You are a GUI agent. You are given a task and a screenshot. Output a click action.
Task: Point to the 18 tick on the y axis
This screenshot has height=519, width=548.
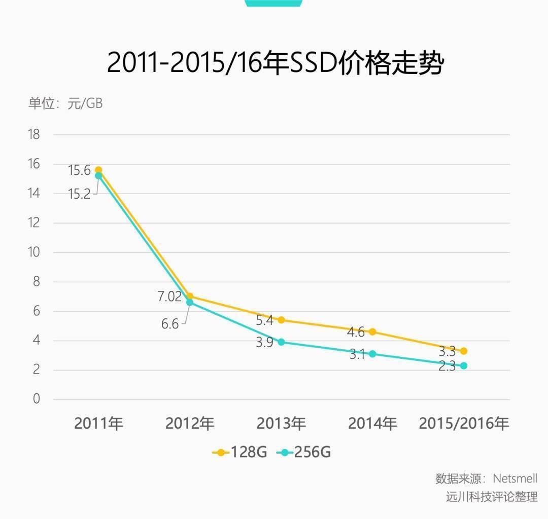[x=33, y=135]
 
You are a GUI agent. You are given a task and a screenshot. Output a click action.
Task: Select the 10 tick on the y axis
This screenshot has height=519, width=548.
[x=33, y=252]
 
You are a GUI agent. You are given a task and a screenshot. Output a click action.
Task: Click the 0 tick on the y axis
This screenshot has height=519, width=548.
[x=36, y=399]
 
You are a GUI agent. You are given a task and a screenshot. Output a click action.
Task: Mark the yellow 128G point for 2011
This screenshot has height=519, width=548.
[x=98, y=170]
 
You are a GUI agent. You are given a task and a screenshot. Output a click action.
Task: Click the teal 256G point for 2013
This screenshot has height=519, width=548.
[x=281, y=342]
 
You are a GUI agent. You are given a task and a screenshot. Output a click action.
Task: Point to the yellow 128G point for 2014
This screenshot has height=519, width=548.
[x=372, y=332]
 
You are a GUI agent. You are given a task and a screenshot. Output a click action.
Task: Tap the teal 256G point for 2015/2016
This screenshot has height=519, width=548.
[x=463, y=365]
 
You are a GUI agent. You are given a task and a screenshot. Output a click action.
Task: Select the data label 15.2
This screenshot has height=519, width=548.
[x=79, y=194]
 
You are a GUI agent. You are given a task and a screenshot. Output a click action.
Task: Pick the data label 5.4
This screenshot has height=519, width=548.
[x=264, y=320]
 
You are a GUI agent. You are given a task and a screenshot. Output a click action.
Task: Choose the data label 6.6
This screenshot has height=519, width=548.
[x=170, y=324]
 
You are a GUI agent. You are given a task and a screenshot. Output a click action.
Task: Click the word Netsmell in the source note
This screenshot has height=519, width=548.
[x=515, y=478]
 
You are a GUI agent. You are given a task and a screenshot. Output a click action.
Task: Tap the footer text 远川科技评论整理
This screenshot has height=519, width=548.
[x=491, y=497]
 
